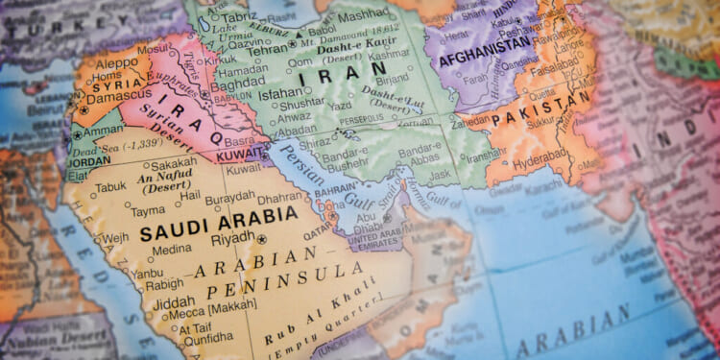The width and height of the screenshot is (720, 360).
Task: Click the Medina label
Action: (x=172, y=250)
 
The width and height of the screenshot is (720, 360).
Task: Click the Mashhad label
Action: (x=364, y=16)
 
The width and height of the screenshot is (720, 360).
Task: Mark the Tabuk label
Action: (x=110, y=188)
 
